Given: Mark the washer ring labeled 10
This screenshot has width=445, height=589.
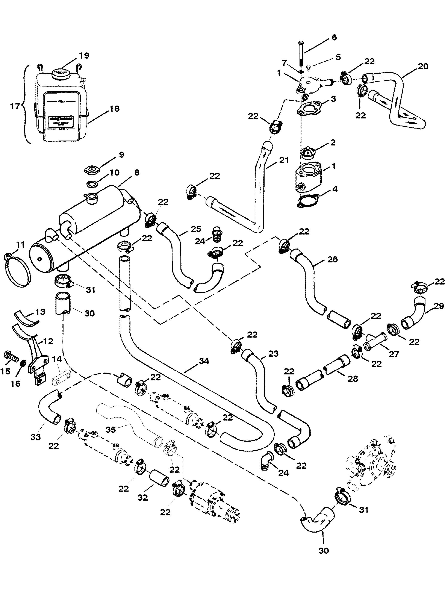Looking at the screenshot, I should (92, 183).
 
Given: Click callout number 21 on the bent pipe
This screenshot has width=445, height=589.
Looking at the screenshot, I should (284, 160).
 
